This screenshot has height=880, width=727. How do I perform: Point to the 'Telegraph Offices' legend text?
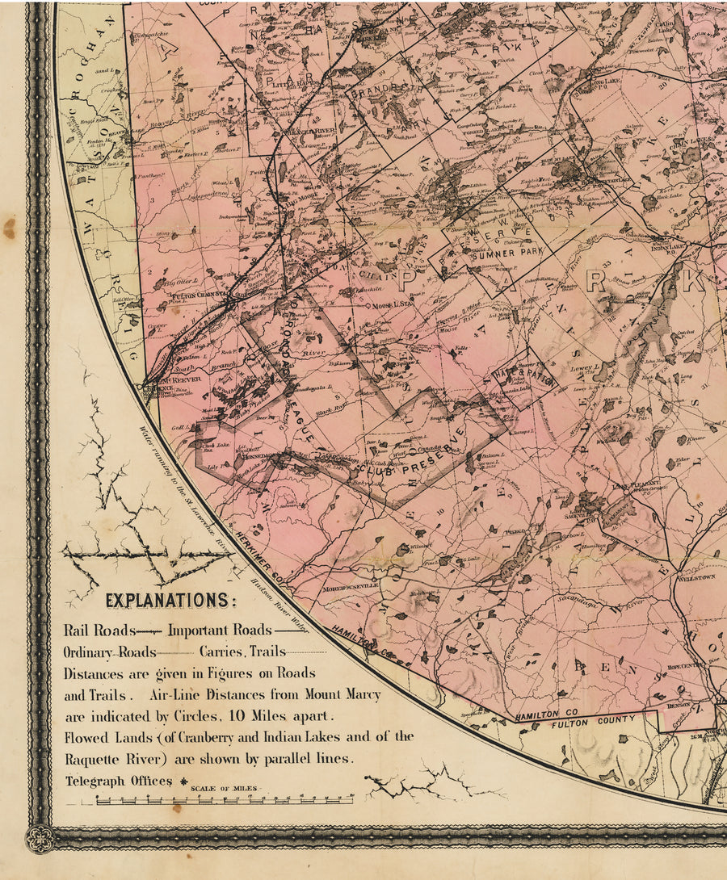[x=119, y=781]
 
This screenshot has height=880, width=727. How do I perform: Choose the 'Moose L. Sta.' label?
[x=393, y=307]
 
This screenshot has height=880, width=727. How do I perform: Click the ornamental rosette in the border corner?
[x=39, y=838]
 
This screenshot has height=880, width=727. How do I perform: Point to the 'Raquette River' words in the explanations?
[x=106, y=759]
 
